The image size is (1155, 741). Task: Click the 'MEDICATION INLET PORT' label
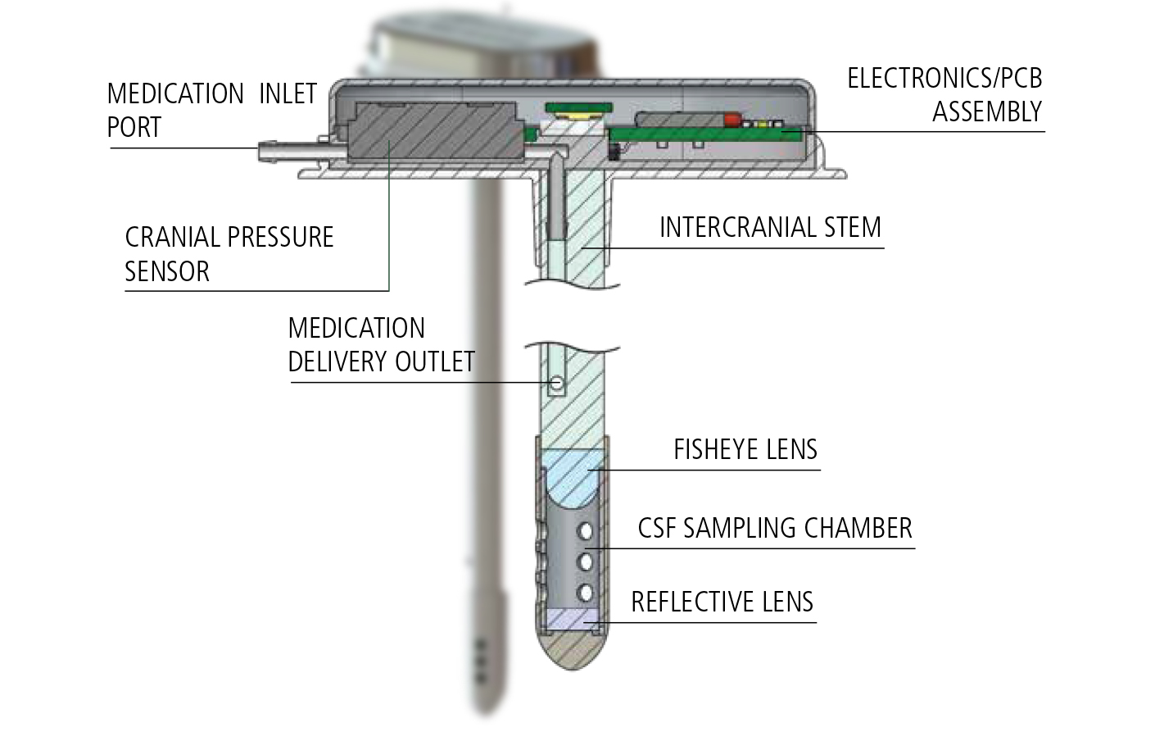point(211,111)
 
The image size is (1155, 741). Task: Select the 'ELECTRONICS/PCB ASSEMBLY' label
point(944,95)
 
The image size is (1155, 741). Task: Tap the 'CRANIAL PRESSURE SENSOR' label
point(229,254)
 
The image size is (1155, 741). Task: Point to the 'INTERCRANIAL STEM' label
point(770,227)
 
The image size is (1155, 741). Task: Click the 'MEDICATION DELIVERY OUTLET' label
point(381,345)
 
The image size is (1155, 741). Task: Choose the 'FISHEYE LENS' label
point(745,449)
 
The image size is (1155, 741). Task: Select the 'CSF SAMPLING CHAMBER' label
point(774,528)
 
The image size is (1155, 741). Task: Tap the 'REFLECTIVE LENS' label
point(722,602)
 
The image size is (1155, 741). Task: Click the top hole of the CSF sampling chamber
point(586,531)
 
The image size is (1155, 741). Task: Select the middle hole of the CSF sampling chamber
point(586,561)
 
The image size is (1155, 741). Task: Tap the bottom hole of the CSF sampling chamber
point(586,592)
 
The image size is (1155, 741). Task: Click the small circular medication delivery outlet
point(557,383)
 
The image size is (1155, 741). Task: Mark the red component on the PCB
point(731,120)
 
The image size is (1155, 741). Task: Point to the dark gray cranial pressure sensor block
point(434,131)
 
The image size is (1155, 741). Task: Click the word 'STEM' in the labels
point(853,227)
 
